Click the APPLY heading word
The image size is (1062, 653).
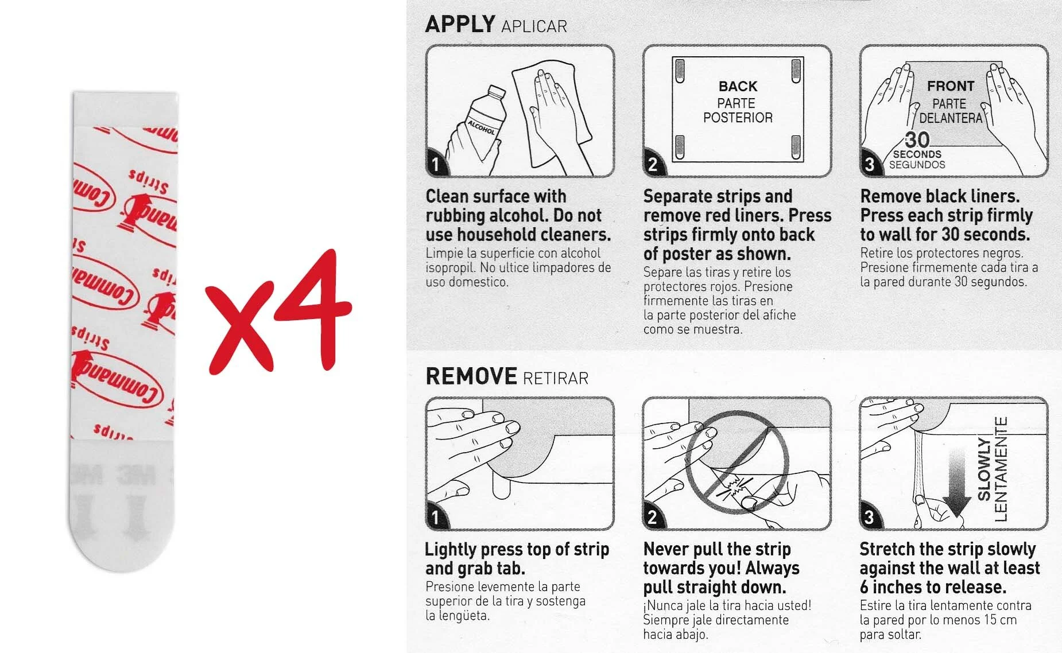460,24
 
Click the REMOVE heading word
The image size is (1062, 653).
471,376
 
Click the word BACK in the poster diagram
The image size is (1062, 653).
738,86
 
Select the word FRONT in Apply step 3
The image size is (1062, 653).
951,86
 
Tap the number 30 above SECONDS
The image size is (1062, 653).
917,140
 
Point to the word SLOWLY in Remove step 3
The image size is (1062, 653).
984,469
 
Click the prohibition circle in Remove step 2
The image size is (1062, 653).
737,459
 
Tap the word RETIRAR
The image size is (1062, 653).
556,378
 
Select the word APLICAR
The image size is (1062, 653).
534,26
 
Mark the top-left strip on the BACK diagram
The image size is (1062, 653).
680,71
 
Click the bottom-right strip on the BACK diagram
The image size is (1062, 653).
796,147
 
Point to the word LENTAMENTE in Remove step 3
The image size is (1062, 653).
1001,469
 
